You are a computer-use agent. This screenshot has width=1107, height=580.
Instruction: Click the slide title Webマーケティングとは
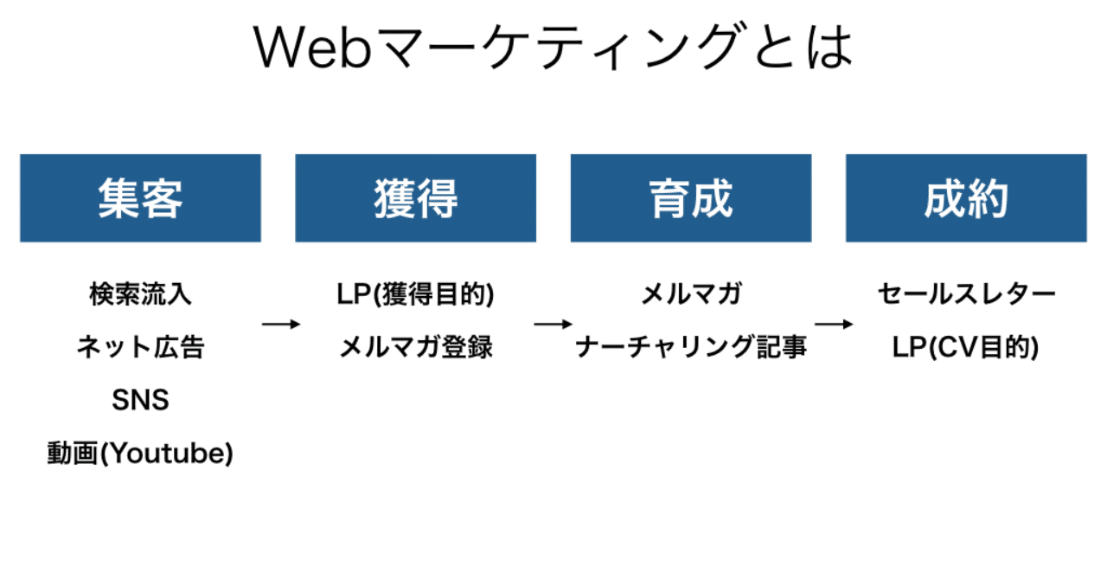553,48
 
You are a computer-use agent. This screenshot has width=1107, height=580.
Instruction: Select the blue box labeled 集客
140,198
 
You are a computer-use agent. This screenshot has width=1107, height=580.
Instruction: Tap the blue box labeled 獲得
415,198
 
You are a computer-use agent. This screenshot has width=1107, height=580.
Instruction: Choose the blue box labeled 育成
690,198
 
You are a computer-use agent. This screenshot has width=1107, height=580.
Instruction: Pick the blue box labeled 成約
966,198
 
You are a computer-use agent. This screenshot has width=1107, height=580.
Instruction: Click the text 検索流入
140,294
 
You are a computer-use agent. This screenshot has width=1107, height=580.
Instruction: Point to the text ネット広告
140,347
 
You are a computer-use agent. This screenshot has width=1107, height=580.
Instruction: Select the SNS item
140,400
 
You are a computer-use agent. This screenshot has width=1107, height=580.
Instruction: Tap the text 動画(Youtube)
140,454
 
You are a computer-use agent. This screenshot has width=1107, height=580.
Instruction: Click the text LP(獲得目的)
415,294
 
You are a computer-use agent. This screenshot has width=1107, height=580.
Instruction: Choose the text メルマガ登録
415,347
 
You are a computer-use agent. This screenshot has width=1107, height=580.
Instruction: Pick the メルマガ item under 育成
690,294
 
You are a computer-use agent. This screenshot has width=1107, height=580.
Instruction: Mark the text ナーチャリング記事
690,347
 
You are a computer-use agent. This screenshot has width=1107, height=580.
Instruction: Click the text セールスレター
966,294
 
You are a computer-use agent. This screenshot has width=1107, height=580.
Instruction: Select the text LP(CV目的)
966,347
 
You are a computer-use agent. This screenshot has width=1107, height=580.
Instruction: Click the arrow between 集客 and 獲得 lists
280,324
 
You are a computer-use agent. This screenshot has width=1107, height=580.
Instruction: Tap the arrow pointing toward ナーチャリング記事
553,324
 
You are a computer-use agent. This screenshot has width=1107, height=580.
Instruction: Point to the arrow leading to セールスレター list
834,324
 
